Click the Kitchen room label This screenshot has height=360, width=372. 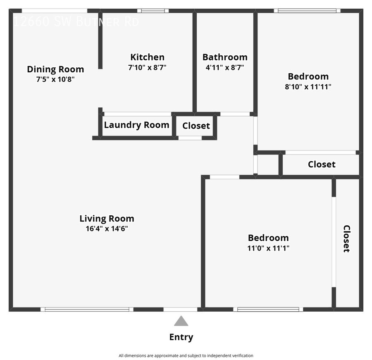(147, 57)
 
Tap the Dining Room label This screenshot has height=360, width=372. (55, 69)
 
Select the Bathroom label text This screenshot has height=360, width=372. (225, 57)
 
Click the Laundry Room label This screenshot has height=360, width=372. (136, 125)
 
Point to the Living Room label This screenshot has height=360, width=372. (107, 219)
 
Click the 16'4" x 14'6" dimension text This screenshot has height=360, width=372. (107, 229)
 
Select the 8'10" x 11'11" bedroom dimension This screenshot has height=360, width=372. (308, 87)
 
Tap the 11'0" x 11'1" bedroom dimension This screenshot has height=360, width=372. (268, 248)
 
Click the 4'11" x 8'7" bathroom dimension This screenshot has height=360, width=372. (225, 67)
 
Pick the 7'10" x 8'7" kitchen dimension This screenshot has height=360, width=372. (147, 67)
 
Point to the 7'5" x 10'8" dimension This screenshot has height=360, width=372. (55, 79)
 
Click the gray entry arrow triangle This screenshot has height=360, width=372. (181, 321)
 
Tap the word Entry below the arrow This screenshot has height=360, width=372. (181, 337)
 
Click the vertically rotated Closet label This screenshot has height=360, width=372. (346, 238)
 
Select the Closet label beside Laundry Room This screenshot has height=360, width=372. (196, 126)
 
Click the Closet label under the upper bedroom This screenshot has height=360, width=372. (322, 164)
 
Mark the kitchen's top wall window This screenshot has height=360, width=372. (153, 11)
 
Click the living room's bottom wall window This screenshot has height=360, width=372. (87, 309)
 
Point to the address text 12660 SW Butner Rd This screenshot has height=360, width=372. (76, 21)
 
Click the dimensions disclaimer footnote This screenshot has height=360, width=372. (186, 355)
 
